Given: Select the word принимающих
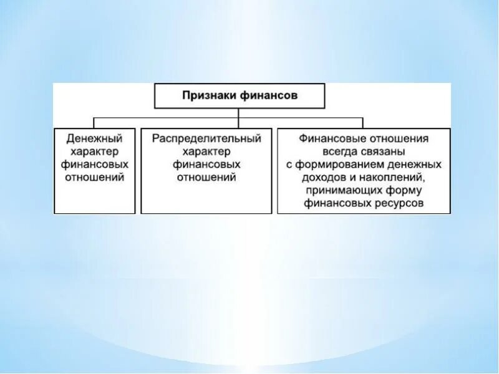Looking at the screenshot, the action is point(346,191).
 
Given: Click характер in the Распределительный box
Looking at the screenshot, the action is point(206,151).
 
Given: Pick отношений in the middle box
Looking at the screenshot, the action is point(206,178).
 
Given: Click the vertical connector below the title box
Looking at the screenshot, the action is point(239,112).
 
